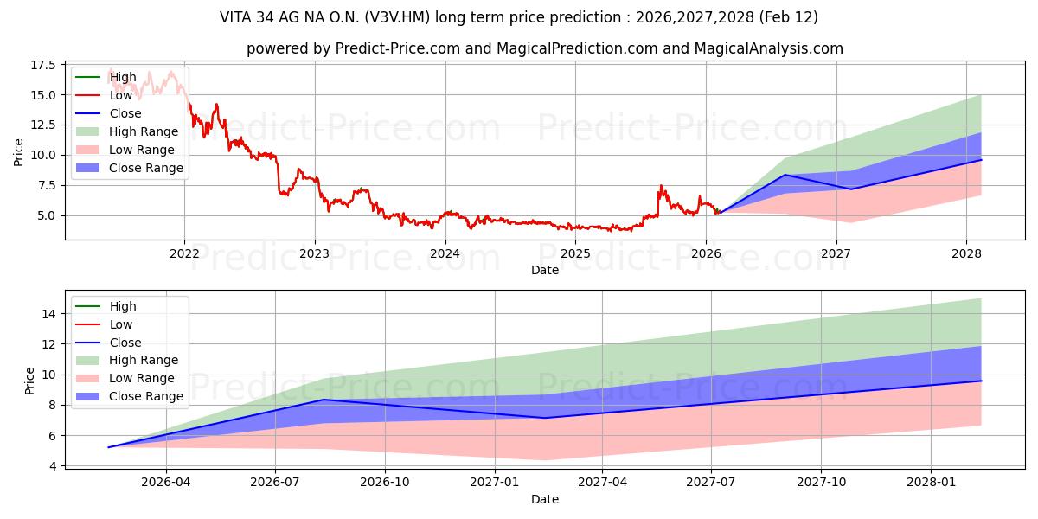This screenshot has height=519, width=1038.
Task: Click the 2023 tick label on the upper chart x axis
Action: click(x=314, y=253)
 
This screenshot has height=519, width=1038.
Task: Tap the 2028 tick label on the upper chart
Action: click(x=966, y=253)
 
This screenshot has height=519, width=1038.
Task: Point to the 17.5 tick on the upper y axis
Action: click(x=42, y=65)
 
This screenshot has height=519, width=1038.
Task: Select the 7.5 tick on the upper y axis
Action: click(x=45, y=185)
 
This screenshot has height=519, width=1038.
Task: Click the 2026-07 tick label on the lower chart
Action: click(x=275, y=482)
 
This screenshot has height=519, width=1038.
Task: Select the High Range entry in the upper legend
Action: click(x=144, y=131)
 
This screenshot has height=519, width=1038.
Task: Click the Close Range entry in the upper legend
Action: click(x=146, y=168)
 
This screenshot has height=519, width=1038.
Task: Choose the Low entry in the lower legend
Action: click(x=121, y=324)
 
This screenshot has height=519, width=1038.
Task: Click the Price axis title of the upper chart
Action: click(x=18, y=152)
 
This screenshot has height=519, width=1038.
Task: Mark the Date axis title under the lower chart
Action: click(x=545, y=499)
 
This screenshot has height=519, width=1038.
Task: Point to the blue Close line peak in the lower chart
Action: click(x=324, y=400)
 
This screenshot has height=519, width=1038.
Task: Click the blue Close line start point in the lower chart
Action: click(x=108, y=447)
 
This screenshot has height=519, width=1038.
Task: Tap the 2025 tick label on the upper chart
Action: click(x=575, y=253)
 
